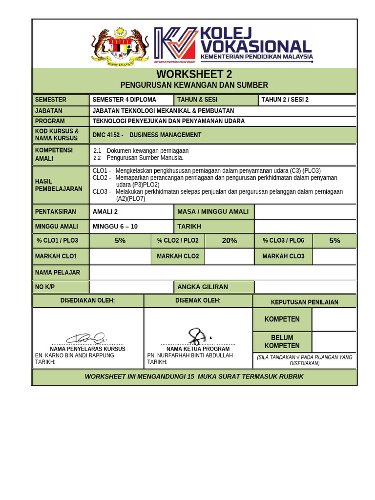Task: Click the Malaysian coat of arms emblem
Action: [120, 46]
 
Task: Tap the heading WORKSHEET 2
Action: [194, 74]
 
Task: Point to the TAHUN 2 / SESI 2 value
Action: [285, 100]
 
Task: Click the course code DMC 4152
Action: [108, 135]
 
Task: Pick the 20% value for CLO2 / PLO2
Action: [229, 240]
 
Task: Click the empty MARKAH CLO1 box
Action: [120, 256]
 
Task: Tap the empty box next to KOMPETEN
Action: [334, 319]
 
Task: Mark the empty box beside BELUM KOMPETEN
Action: [334, 342]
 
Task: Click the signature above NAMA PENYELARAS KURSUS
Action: [86, 337]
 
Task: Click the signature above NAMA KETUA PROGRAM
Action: [198, 336]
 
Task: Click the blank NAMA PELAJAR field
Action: [223, 272]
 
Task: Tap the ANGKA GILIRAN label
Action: [203, 287]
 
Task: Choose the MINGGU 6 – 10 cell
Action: [115, 227]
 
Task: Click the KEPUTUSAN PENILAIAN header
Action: [305, 302]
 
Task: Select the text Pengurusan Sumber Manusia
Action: [145, 158]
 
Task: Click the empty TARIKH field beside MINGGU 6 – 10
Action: [305, 227]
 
